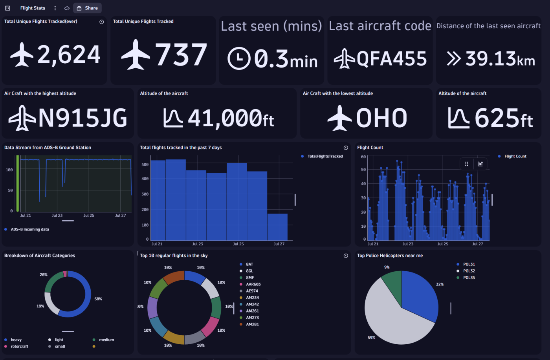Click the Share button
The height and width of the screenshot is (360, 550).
click(87, 8)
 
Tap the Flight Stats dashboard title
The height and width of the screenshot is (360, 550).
click(33, 8)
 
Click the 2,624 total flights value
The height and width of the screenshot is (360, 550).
click(69, 55)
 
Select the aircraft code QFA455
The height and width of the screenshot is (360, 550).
click(391, 59)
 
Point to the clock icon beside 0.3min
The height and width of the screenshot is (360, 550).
click(239, 58)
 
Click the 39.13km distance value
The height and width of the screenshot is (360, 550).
click(500, 59)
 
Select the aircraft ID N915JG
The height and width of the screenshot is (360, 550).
click(82, 118)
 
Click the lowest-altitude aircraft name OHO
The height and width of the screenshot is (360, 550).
click(381, 118)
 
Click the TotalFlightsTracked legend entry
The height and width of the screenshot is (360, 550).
click(325, 156)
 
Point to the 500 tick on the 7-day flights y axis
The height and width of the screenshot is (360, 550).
click(145, 164)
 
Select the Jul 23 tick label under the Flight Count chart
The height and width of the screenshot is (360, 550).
click(408, 244)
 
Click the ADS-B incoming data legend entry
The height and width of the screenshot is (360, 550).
click(30, 229)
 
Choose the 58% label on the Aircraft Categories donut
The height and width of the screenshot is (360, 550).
click(98, 299)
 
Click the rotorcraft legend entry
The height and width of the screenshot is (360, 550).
click(19, 346)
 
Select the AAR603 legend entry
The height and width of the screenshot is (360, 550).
click(253, 284)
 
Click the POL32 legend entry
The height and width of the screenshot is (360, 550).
click(469, 271)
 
